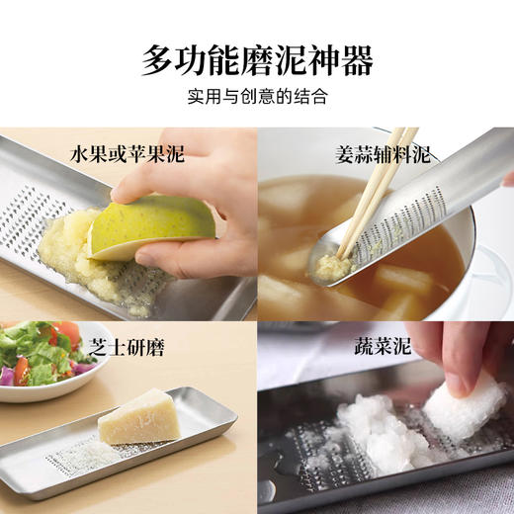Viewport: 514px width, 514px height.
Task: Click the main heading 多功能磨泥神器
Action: [x=257, y=61]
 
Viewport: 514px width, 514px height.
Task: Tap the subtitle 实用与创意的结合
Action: [x=257, y=96]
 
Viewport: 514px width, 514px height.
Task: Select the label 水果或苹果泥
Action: [x=128, y=154]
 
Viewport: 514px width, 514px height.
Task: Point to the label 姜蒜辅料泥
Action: [x=383, y=154]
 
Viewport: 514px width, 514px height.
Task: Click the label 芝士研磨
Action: [x=127, y=347]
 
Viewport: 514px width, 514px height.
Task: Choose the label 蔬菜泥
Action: [x=383, y=346]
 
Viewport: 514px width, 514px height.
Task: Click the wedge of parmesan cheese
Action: [x=141, y=417]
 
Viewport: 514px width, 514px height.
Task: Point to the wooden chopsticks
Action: [x=376, y=191]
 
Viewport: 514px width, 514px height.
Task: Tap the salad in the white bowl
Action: [x=42, y=353]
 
